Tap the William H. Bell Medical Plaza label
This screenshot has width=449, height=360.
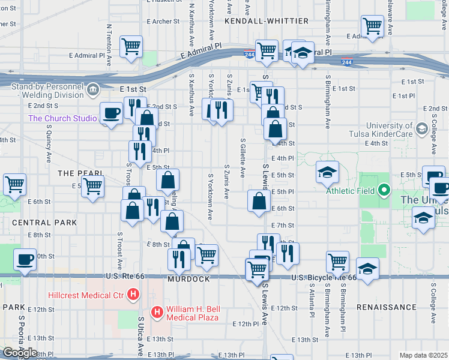pos(192,313)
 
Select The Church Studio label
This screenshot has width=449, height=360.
pos(62,118)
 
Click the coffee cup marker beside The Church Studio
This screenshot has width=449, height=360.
pos(112,113)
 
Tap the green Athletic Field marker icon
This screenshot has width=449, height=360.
pos(384,191)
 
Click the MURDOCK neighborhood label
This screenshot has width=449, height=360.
pos(188,280)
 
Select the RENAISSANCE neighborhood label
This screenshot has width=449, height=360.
pos(386,307)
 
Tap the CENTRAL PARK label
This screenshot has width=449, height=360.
pos(44,223)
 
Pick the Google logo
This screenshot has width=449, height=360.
pos(20,353)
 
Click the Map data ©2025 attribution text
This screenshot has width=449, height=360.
pos(423,355)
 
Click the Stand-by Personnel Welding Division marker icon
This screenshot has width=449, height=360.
pos(93,90)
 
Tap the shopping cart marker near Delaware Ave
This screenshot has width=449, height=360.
pos(373,26)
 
